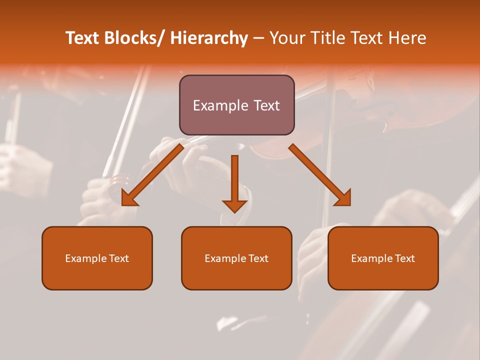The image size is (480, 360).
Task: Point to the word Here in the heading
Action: [407, 38]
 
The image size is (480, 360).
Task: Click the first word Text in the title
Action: [83, 38]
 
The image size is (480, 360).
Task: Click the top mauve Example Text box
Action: [236, 105]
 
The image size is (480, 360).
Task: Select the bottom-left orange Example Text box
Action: [97, 258]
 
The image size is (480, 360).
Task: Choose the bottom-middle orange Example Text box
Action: [236, 258]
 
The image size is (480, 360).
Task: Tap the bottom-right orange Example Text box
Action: [383, 258]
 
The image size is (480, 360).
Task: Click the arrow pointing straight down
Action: [234, 182]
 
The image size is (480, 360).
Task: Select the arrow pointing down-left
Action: [152, 174]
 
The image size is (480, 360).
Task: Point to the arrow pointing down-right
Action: [320, 174]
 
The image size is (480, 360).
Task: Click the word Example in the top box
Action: [220, 105]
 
